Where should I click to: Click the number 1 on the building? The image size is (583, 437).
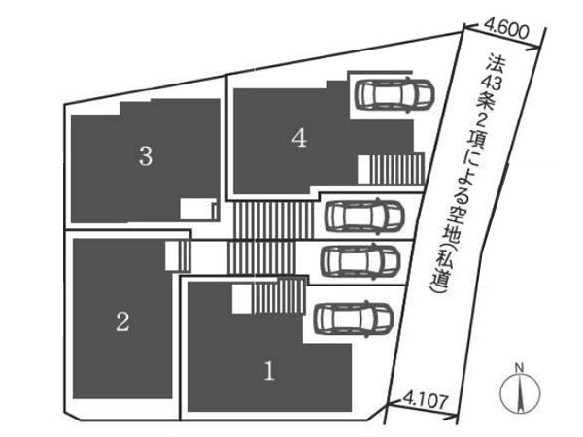(269, 371)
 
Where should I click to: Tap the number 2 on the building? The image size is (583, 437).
(122, 321)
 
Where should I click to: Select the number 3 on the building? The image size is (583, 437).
(146, 155)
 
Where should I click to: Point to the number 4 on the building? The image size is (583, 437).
(299, 138)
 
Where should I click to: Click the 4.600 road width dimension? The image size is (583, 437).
(507, 32)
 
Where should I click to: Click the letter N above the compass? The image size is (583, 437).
(520, 368)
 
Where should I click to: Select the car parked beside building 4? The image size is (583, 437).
(394, 94)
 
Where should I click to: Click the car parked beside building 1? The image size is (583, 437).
(354, 319)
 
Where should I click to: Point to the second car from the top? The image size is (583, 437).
(364, 217)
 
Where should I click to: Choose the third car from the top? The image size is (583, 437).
(360, 261)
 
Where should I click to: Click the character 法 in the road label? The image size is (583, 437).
(496, 63)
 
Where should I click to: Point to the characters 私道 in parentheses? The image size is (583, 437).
(442, 263)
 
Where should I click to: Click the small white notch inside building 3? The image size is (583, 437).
(198, 209)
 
